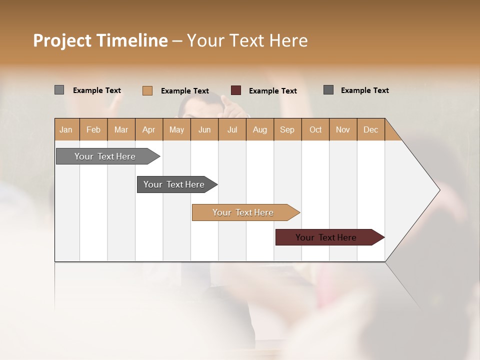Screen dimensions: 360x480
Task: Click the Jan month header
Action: coord(66,129)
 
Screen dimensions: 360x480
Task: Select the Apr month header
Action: coord(149,129)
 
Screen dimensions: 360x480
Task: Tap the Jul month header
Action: coord(232,129)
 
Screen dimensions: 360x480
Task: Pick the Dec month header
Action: coord(370,129)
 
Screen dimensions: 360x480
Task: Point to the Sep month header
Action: coord(287,129)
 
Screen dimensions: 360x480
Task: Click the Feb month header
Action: coord(93,129)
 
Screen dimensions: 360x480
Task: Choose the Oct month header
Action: coord(315,129)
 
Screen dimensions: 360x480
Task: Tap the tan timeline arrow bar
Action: coord(244,212)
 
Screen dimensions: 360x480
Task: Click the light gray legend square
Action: coord(59,90)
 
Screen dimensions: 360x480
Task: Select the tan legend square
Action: coord(147,90)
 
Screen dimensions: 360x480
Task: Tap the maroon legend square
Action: coord(236,90)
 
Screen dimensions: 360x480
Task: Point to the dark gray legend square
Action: coord(328,90)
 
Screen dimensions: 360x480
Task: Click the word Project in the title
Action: coord(62,40)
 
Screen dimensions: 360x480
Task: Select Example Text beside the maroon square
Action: coord(273,90)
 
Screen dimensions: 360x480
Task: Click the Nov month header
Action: coord(343,129)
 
